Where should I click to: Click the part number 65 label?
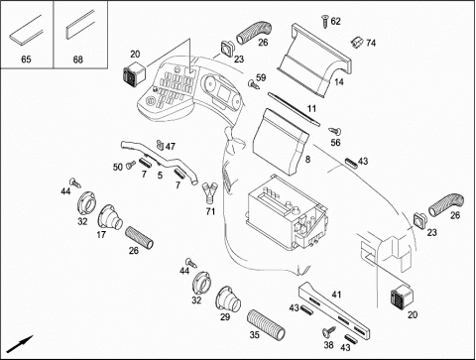click(26, 60)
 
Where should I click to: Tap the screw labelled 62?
click(325, 22)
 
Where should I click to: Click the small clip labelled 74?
click(357, 42)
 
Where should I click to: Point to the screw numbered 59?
click(253, 84)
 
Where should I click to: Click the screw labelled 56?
click(335, 131)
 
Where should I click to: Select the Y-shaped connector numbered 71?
click(209, 191)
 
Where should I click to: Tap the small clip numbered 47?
click(160, 145)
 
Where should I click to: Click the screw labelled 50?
click(131, 164)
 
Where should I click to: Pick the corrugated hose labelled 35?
click(266, 324)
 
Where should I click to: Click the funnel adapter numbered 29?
click(228, 300)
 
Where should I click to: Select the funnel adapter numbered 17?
click(110, 218)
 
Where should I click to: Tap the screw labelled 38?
click(329, 331)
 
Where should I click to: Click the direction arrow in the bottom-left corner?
click(20, 344)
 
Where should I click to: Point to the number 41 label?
click(336, 295)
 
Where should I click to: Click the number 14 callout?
click(339, 81)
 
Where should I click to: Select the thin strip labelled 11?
click(294, 109)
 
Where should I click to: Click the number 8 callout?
click(307, 160)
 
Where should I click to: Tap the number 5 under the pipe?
click(160, 176)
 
